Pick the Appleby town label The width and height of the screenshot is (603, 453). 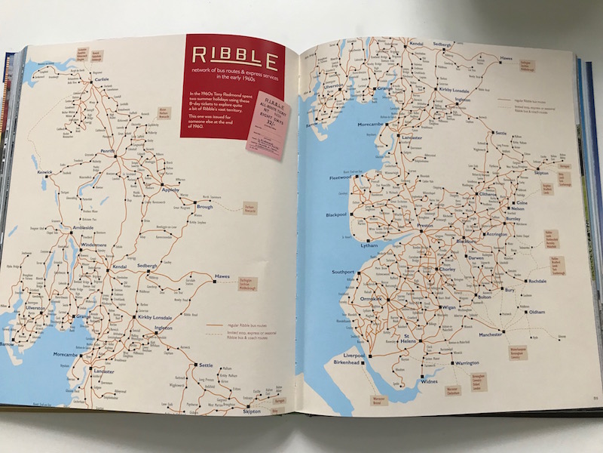(171, 190)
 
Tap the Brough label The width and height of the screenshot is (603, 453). (204, 205)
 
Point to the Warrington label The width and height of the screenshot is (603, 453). (466, 363)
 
